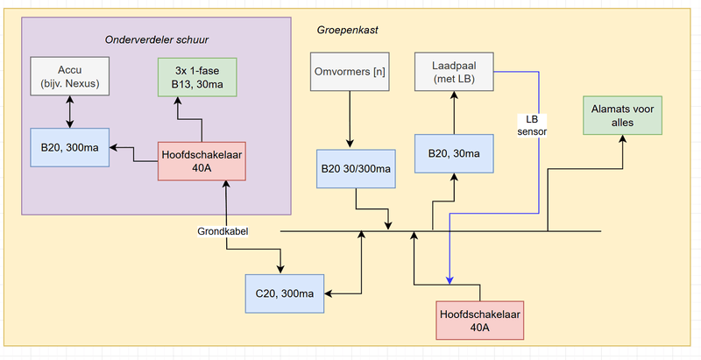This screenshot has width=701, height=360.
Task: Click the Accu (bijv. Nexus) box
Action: pos(69,77)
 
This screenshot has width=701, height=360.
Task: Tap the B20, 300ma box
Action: pos(69,147)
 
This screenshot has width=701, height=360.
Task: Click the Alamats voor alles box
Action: pos(623,116)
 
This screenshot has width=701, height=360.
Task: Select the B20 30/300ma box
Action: pos(356,167)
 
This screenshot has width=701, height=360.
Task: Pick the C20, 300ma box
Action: pos(285,293)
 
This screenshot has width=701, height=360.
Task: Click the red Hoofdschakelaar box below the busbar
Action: pos(479,320)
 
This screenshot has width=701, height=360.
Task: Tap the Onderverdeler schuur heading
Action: pos(158,39)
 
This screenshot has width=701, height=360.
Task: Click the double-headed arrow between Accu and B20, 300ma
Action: pos(69,112)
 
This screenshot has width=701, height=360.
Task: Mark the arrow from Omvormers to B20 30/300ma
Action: pos(350,119)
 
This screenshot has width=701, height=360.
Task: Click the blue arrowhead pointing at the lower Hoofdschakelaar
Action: pos(450,280)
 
